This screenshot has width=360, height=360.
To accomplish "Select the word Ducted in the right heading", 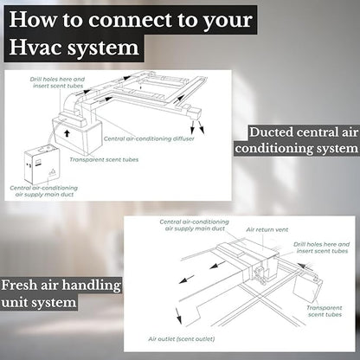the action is pos(271,132).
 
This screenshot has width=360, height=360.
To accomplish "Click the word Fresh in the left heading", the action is pos(19,286).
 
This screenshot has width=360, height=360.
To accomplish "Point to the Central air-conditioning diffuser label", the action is pos(149,138).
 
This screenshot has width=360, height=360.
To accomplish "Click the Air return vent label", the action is pos(267,230).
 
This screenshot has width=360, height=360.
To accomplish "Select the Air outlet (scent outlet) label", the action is pos(182,339).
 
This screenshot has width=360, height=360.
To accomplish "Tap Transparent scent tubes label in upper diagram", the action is pos(104,159).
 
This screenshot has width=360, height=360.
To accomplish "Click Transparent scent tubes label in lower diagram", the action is pos(325,312).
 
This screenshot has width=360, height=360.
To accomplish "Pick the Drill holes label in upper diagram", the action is pos(58,82).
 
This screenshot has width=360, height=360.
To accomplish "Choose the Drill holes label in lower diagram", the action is pos(322,247).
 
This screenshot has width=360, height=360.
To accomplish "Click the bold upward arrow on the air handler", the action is pos(67,132).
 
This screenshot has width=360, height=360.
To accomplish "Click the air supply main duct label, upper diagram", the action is pos(44,191).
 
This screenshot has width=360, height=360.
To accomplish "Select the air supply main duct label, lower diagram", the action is pos(194,225).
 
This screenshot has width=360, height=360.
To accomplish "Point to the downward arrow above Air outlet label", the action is pos(178,315).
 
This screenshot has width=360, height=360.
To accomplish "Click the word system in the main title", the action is pos(103,48).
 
